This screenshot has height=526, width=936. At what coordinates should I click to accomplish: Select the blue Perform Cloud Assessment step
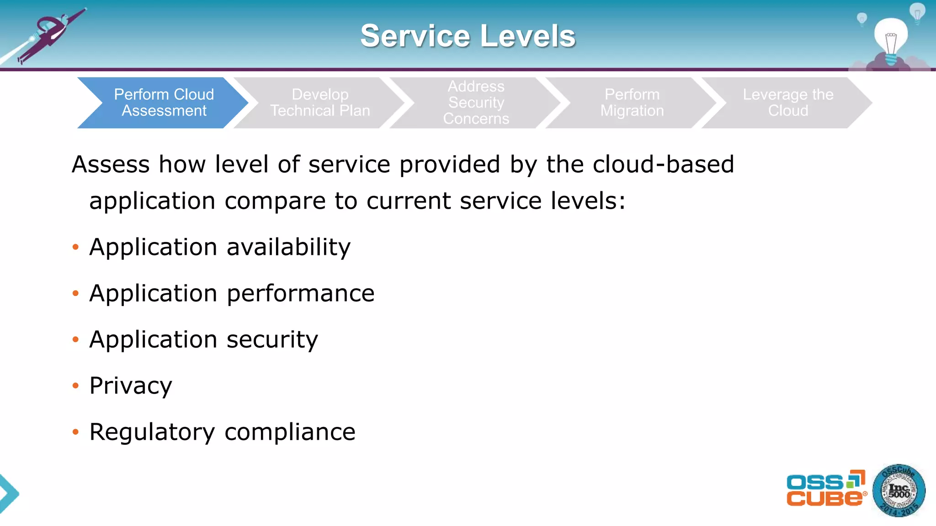[x=164, y=103]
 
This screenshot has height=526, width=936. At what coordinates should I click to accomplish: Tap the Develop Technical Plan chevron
[x=320, y=103]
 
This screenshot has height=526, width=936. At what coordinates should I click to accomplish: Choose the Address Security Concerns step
[x=476, y=103]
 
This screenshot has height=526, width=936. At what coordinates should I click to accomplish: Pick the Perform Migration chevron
[x=632, y=103]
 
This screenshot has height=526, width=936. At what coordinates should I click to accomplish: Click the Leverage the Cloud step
[x=788, y=103]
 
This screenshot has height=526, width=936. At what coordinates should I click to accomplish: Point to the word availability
[x=288, y=247]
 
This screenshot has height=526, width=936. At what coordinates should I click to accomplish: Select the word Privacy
[x=131, y=386]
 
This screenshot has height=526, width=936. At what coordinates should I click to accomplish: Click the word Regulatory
[x=152, y=432]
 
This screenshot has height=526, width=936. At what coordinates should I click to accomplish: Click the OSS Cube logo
[x=825, y=489]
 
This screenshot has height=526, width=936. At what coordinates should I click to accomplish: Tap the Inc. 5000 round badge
[x=899, y=491]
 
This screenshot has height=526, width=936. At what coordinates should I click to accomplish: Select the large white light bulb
[x=890, y=39]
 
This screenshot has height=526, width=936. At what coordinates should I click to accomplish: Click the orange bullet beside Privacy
[x=75, y=386]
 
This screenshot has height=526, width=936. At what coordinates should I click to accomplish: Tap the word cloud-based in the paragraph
[x=663, y=164]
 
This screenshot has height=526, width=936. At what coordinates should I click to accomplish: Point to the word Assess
[x=111, y=164]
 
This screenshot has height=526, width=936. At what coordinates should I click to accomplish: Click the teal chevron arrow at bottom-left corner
[x=8, y=494]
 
